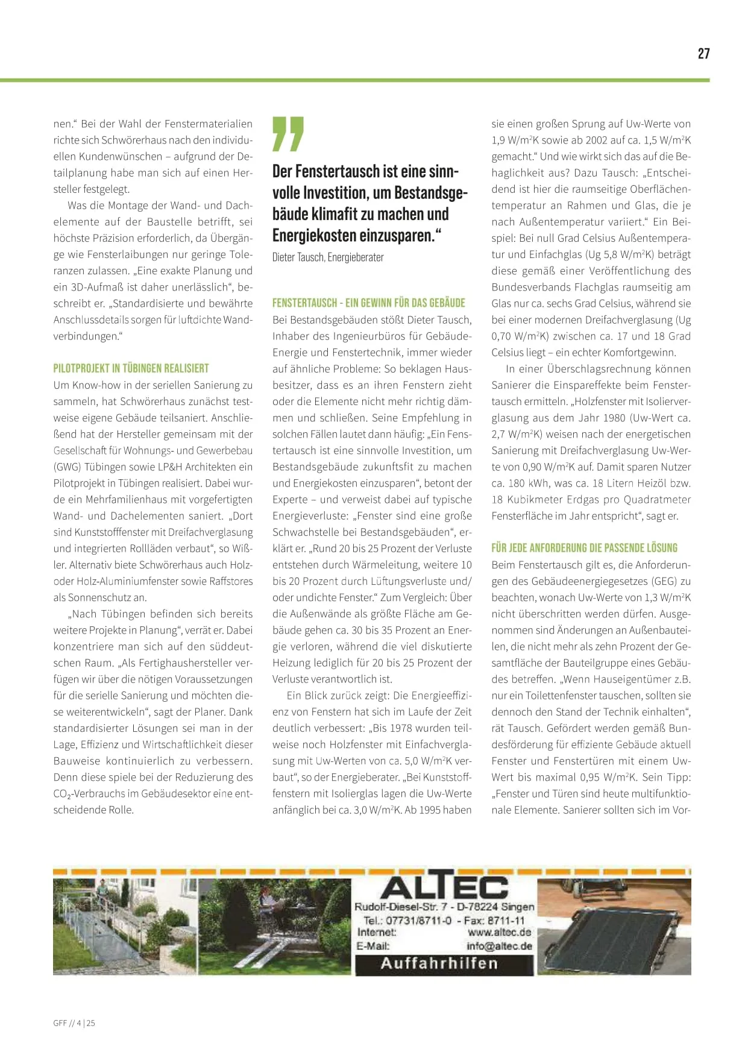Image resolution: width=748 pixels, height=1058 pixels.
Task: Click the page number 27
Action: coord(703,54)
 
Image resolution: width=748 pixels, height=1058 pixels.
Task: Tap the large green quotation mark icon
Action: coord(288,134)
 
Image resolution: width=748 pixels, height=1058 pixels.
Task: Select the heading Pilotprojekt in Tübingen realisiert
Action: coord(131,368)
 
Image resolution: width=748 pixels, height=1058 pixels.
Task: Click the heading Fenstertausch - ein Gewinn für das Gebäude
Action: coord(368,303)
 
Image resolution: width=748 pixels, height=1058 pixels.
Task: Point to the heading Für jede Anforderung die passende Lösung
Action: coord(584,548)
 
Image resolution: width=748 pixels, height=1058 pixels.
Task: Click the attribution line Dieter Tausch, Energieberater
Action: coord(327,257)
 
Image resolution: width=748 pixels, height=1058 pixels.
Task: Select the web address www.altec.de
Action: coord(499,932)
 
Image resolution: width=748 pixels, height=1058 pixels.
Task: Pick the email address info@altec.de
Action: coord(499,946)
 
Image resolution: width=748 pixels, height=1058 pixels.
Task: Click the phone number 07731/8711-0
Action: coord(418,921)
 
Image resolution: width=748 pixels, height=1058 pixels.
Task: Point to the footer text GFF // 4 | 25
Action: coord(74,1022)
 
